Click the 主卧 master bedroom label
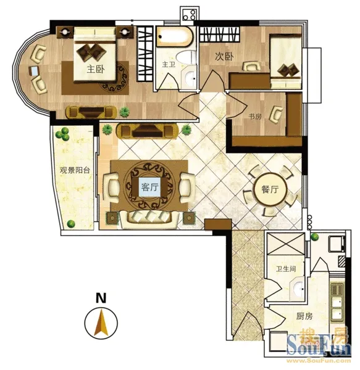pos(96,69)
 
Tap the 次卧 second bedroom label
pos(224,56)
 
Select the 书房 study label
pos(255,117)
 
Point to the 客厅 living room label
pos(150,187)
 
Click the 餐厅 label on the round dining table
pos(270,189)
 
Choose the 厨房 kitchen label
pos(304,316)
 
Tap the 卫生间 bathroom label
pos(286,268)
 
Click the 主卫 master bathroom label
pos(169,64)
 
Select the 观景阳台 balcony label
pos(75,170)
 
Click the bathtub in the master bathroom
pos(175,36)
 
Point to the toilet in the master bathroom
pos(186,58)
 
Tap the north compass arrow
pos(101,323)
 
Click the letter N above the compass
pos(101,298)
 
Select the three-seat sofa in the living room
pos(149,219)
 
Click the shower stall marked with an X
pos(285,244)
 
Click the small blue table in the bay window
pos(34,71)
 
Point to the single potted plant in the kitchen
pos(314,237)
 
